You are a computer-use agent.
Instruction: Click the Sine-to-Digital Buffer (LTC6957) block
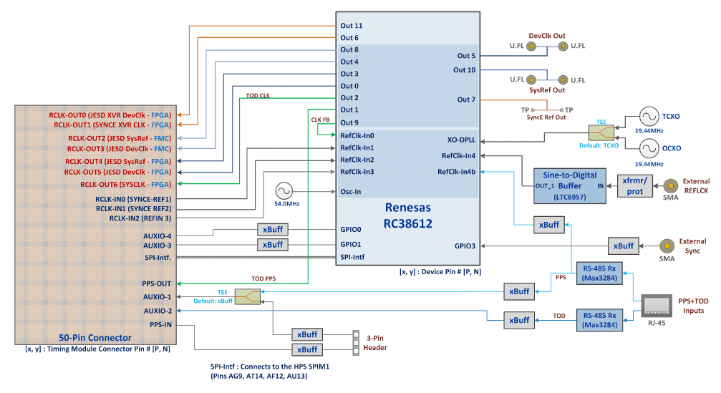pos(569,185)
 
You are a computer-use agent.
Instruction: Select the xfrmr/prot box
pos(634,186)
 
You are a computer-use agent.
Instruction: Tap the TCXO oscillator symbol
pos(649,117)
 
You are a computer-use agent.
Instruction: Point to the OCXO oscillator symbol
pos(649,148)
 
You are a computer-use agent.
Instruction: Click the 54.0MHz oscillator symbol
pos(284,190)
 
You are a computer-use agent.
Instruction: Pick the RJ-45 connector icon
pos(657,306)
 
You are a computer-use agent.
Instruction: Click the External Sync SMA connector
pos(667,246)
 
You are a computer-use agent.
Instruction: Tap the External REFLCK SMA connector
pos(670,185)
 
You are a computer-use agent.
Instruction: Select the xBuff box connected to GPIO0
pos(273,229)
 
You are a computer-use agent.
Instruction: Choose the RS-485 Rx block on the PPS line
pos(599,273)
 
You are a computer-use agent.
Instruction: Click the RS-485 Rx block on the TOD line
pos(599,321)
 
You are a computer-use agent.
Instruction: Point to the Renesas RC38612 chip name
pos(408,215)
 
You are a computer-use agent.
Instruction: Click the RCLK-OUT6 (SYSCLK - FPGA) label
pos(125,184)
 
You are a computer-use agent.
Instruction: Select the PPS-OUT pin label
pos(156,283)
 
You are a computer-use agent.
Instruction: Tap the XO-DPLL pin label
pos(461,140)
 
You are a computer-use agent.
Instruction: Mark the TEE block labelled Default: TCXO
pos(601,133)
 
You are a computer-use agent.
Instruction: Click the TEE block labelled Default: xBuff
pos(248,296)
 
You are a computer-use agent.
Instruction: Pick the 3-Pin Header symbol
pos(356,343)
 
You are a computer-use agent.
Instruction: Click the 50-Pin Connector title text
pos(95,338)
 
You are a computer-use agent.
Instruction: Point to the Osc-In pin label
pos(350,192)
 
